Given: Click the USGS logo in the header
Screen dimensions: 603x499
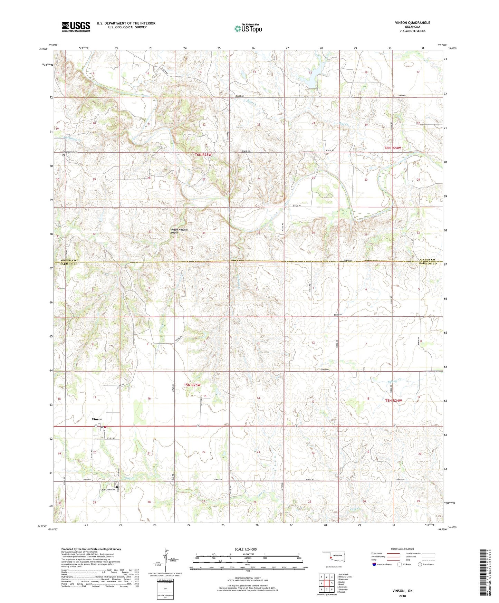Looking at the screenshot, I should pyautogui.click(x=76, y=27).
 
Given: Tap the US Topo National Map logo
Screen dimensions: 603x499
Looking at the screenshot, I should pyautogui.click(x=248, y=28).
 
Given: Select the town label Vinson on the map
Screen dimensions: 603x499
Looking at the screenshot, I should pyautogui.click(x=97, y=419).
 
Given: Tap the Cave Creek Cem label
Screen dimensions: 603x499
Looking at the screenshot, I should pyautogui.click(x=107, y=490).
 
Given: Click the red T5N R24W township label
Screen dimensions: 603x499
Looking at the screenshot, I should pyautogui.click(x=394, y=401).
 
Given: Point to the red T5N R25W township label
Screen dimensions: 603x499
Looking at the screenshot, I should pyautogui.click(x=192, y=385).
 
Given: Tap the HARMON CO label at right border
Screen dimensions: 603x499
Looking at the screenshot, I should pyautogui.click(x=428, y=264).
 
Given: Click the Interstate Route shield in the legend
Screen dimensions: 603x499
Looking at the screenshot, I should pyautogui.click(x=375, y=564).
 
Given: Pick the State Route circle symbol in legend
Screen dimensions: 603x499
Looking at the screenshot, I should pyautogui.click(x=420, y=564).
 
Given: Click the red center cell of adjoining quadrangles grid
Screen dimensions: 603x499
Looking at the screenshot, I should pyautogui.click(x=326, y=583).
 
